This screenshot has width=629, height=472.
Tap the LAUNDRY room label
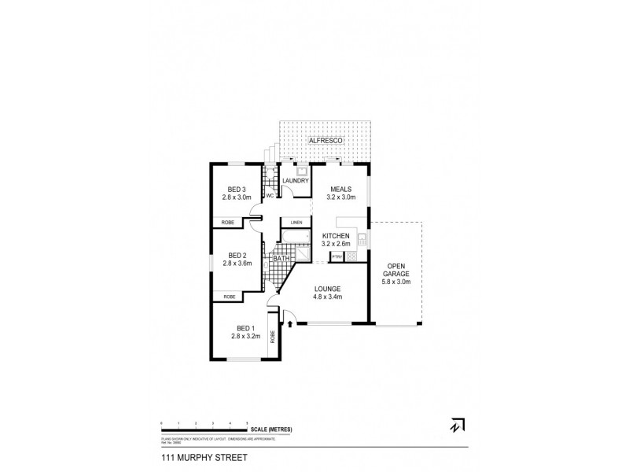pos(295,181)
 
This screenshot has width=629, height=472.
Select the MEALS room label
pos(341,190)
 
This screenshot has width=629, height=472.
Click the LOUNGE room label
pos(329,289)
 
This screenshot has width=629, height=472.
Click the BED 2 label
pos(238,255)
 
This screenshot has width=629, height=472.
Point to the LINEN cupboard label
pos(296,223)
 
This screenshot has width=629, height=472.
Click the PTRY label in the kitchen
pos(336,256)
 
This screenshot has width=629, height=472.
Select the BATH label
pos(279,258)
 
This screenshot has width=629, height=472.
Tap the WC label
pos(269,196)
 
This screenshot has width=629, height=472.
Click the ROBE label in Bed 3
pos(228,223)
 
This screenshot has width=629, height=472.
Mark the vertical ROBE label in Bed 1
pos(273,336)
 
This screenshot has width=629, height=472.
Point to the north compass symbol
pos(455,425)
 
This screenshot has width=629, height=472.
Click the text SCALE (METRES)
pos(271,428)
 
